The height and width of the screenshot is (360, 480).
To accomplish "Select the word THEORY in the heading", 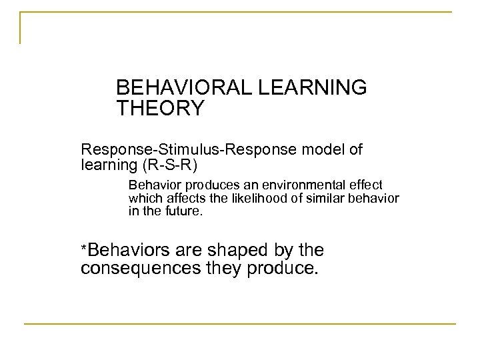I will (159, 108).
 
